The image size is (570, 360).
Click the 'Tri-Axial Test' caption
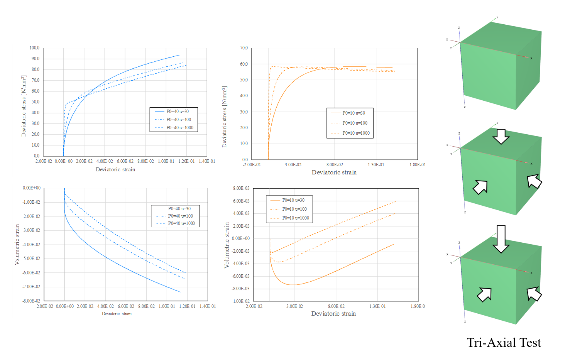coord(504,343)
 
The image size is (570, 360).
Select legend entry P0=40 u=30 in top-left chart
coord(177,112)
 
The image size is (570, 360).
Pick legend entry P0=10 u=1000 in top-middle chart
coord(356,133)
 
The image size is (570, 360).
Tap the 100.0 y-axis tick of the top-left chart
coord(34,48)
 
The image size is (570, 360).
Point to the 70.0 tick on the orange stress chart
coord(244,48)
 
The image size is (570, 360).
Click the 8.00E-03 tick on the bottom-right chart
coord(241,188)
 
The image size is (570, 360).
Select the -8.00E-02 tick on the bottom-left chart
coord(31,301)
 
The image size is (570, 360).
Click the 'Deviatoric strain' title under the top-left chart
coord(115,169)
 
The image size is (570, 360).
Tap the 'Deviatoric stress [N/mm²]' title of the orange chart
coord(224,117)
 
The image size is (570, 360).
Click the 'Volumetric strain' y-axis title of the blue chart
coord(17,245)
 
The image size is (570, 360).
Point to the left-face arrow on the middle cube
coord(480,187)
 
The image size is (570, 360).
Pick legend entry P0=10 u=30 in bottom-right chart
coord(293,200)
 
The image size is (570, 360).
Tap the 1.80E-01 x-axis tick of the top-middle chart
coord(418,165)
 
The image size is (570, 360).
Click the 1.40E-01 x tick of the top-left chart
coord(207,161)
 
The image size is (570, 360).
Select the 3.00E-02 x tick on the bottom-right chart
coord(294,306)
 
